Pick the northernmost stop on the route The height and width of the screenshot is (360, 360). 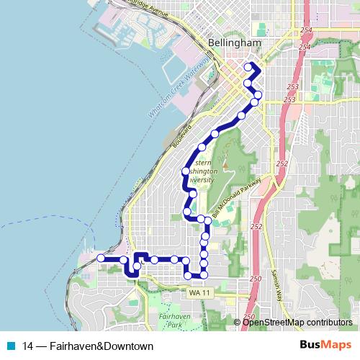coord(249,68)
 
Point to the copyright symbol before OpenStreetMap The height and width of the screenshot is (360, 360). coord(238,322)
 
